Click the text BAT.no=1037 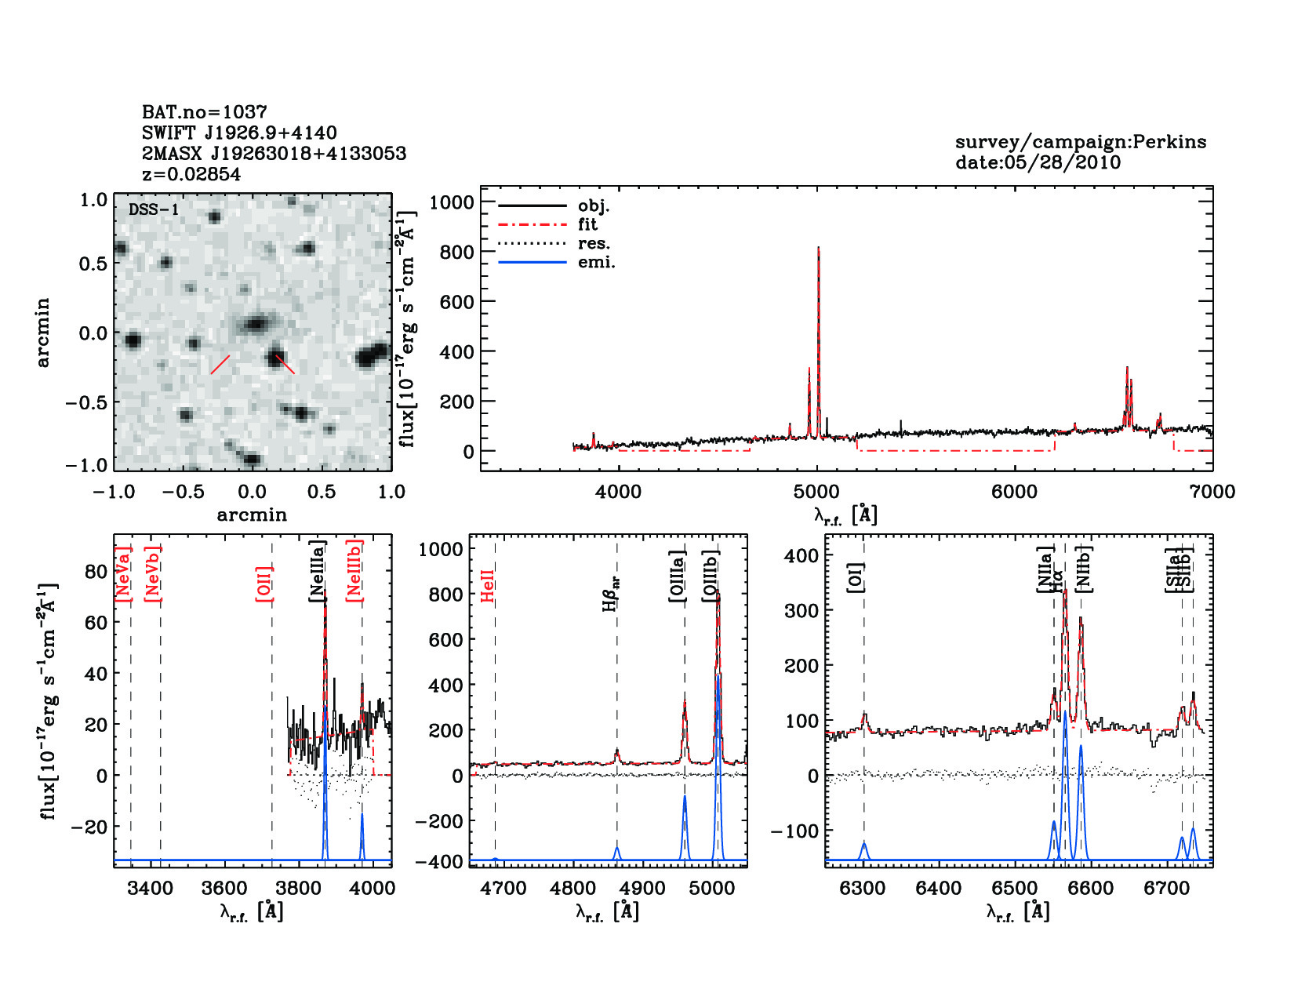[x=204, y=112]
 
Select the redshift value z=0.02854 [x=191, y=174]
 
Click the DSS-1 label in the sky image [x=154, y=209]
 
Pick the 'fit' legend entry [x=587, y=224]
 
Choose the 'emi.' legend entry [x=596, y=262]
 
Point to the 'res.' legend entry [x=594, y=243]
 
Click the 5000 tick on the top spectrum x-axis [x=816, y=492]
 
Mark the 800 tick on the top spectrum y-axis [x=457, y=252]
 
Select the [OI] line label [x=856, y=577]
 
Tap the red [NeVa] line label [x=123, y=574]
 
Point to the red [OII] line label [x=264, y=584]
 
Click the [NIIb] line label [x=1085, y=569]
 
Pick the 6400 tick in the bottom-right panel [x=939, y=889]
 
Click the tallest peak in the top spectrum [x=818, y=249]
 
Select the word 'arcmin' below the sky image [x=252, y=515]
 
